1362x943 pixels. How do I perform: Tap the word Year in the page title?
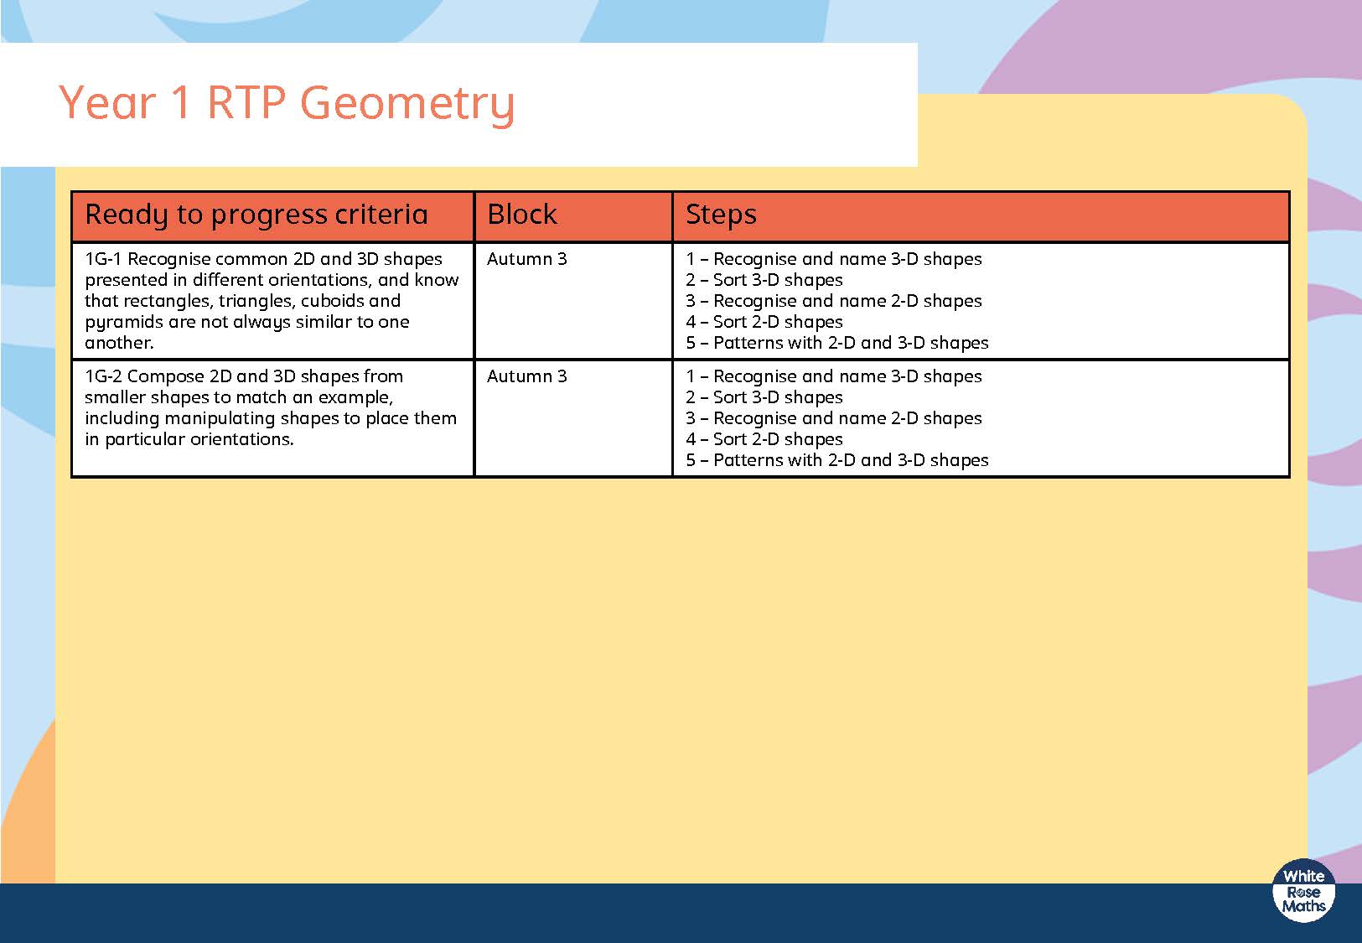107,102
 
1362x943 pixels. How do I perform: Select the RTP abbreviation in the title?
246,102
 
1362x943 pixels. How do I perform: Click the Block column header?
521,214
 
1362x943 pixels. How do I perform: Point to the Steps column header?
721,215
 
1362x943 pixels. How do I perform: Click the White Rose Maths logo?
1303,891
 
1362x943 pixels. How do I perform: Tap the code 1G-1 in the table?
103,259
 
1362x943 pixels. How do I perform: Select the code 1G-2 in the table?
103,376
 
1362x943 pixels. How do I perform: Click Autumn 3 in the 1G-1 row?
526,259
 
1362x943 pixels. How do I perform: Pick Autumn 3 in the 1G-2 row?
526,376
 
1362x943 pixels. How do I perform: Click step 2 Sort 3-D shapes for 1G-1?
764,280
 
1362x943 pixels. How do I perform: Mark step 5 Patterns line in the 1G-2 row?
837,460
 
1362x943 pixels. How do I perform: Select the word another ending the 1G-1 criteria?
119,343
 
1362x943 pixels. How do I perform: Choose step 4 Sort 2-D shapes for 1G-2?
764,439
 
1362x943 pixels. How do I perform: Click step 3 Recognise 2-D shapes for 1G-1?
834,302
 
